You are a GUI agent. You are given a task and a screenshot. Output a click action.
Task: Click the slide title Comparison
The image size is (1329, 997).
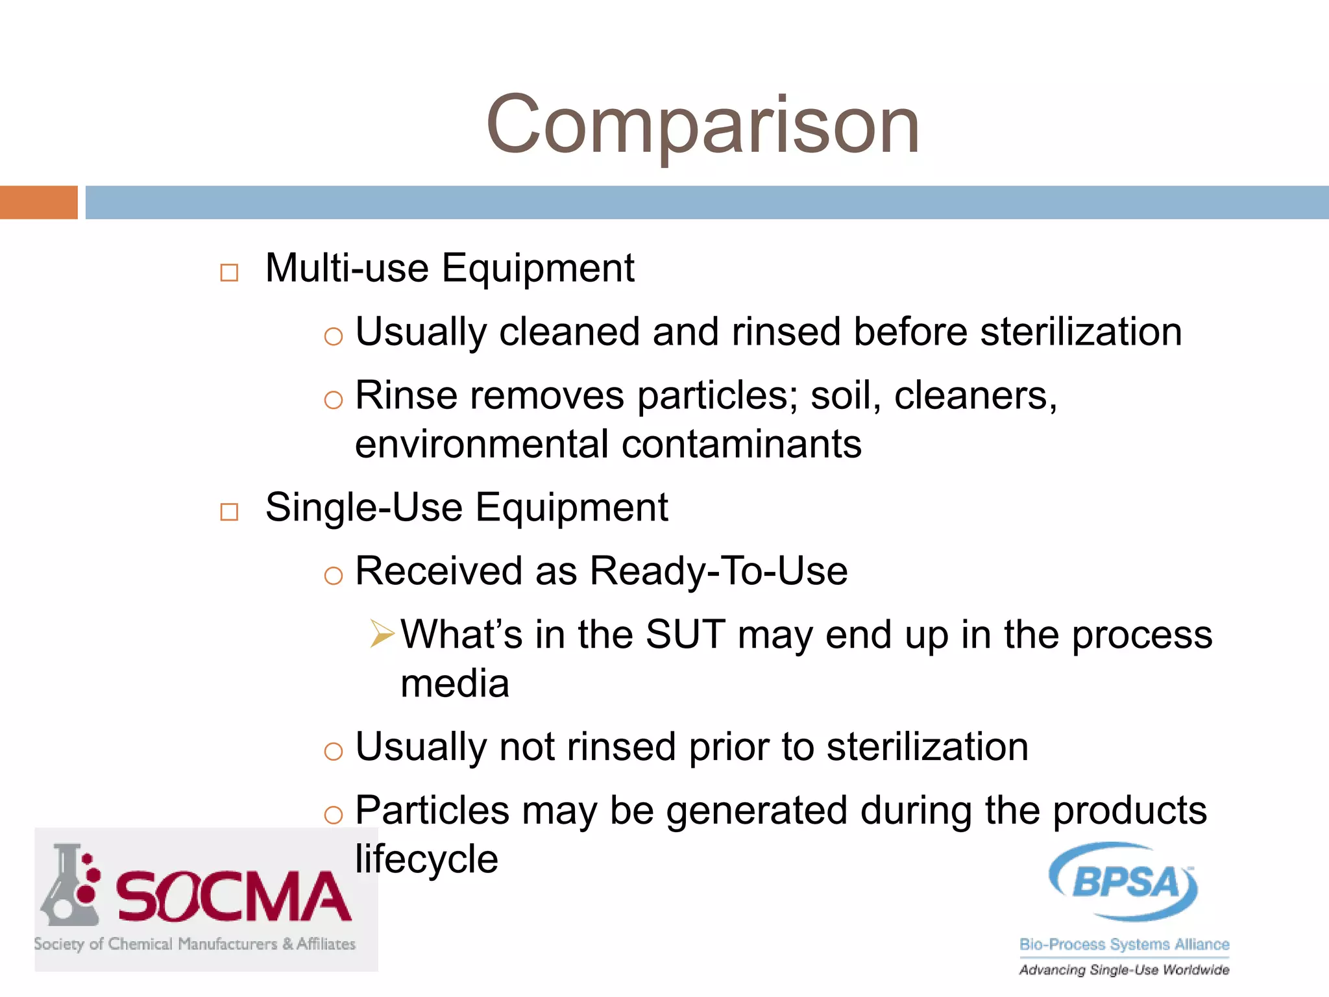point(703,125)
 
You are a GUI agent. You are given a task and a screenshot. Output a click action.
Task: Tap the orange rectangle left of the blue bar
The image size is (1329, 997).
point(38,203)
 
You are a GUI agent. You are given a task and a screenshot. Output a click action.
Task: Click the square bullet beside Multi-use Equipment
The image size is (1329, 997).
point(229,273)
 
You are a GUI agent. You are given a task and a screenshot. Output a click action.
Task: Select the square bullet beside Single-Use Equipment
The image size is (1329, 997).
point(229,511)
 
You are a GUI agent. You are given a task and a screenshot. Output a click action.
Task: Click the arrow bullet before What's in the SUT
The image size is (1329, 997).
point(382,634)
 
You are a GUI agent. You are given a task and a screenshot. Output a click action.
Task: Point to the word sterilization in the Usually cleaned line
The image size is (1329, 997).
point(1080,332)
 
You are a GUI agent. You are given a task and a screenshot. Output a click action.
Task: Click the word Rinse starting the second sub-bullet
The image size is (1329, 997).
point(406,395)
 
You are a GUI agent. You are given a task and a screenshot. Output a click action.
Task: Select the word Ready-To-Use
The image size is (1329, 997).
point(718,571)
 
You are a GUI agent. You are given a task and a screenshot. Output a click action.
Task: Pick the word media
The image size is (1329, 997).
point(455,683)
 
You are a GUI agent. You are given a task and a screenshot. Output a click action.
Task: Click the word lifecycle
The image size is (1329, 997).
point(426,859)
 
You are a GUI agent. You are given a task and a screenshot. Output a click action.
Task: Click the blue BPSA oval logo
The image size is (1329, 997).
point(1124,881)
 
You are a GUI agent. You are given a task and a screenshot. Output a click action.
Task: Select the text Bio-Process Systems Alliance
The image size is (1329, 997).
point(1124,944)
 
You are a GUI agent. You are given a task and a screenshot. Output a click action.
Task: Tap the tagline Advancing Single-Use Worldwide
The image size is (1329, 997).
point(1124,970)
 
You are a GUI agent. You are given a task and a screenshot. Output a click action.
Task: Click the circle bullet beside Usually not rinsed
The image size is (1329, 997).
point(333,751)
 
